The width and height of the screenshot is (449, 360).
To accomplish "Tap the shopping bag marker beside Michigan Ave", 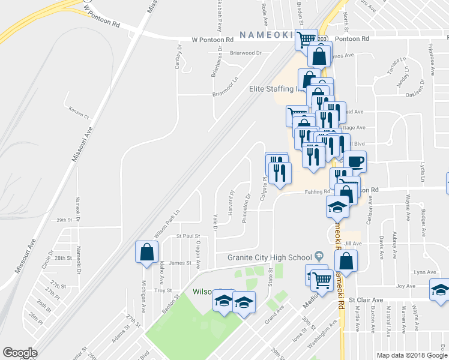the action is (146, 253).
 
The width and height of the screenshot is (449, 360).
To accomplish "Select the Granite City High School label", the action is (270, 257).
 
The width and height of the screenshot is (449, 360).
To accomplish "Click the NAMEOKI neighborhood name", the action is (267, 34).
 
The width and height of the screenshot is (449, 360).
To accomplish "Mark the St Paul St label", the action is (187, 237).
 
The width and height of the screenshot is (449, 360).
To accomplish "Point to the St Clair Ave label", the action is (369, 300).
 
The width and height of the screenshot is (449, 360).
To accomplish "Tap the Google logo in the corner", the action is (20, 353).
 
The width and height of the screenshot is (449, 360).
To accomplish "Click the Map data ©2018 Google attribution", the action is (411, 355).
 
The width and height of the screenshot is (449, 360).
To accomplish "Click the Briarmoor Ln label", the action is (226, 87).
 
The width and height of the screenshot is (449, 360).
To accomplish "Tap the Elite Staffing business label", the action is (274, 89).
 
